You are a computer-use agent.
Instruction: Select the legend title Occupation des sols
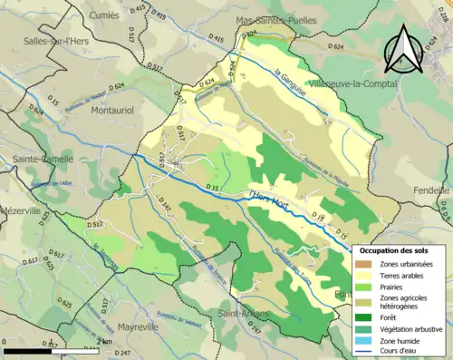[395, 249]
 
